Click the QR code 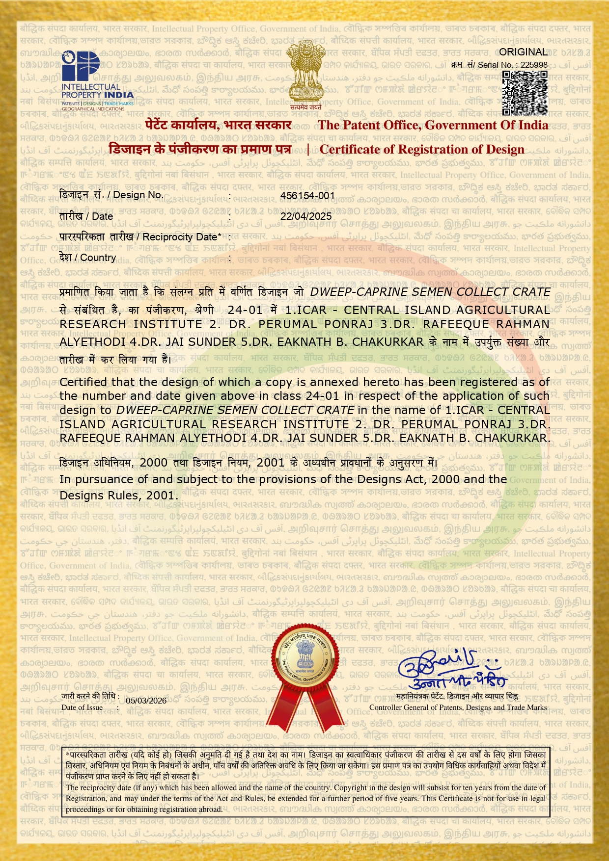525,93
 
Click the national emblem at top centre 305,74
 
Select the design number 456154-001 307,195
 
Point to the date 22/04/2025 306,216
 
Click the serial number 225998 534,65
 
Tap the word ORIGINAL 523,52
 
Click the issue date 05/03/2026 146,701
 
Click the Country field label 87,258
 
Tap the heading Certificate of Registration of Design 422,149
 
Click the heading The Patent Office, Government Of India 433,125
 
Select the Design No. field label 111,195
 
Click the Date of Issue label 82,707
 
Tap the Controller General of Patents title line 458,707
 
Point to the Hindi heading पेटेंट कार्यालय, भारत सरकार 219,125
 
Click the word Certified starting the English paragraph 83,382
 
